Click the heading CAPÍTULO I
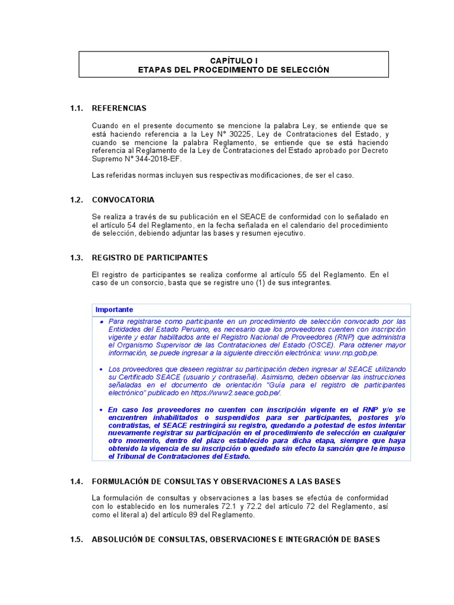click(x=234, y=60)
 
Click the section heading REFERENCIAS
click(x=119, y=108)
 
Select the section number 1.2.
click(x=76, y=200)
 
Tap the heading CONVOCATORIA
click(x=123, y=200)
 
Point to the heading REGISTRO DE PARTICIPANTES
click(x=150, y=258)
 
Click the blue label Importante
click(x=114, y=310)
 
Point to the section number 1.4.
click(x=76, y=482)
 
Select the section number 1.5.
click(x=76, y=539)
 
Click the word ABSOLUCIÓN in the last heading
click(x=120, y=539)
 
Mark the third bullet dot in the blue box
click(x=101, y=409)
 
